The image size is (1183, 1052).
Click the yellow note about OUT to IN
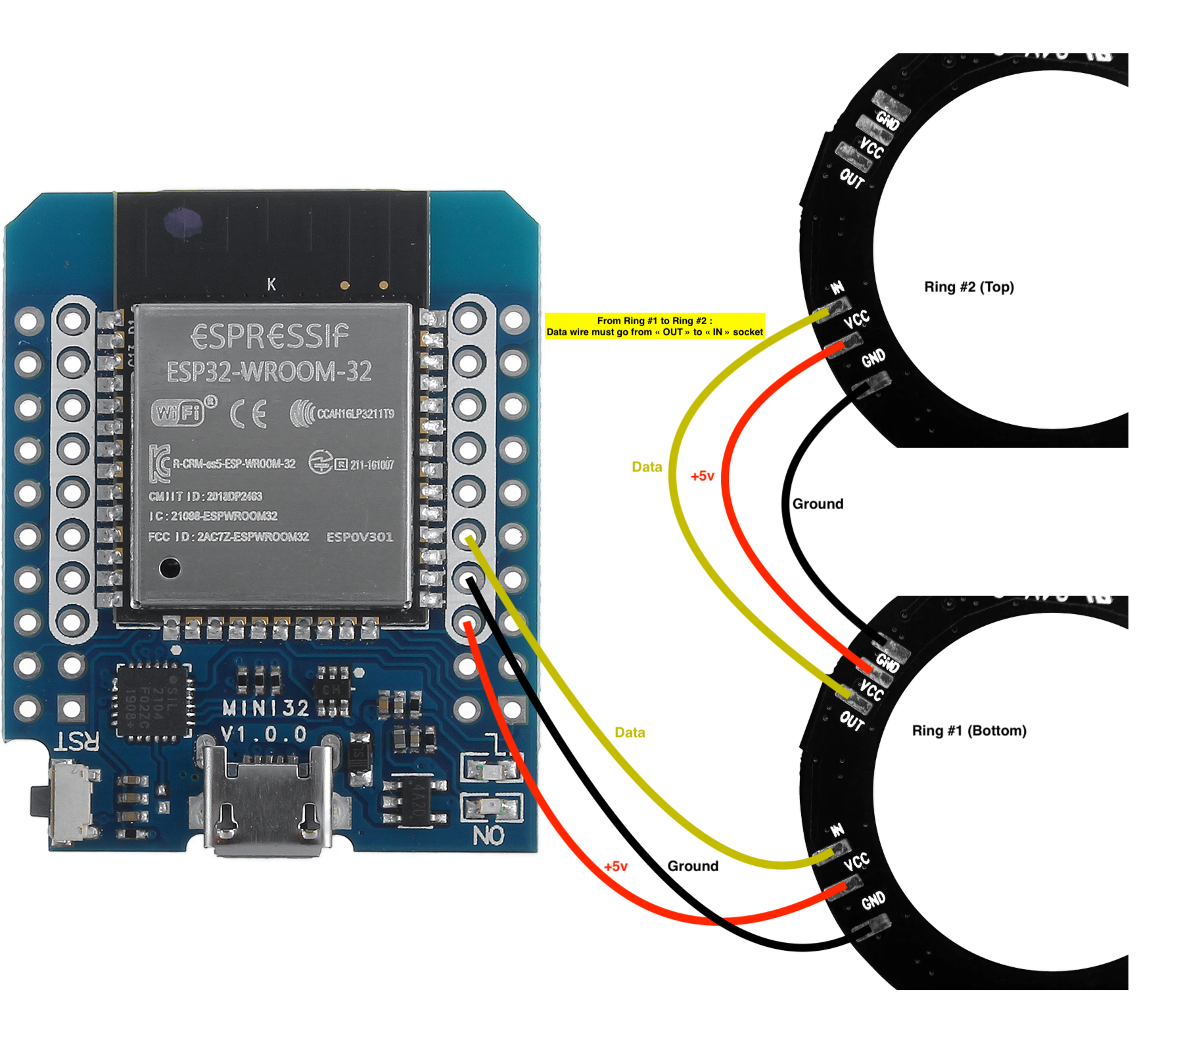[655, 326]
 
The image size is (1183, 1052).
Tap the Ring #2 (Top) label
[969, 287]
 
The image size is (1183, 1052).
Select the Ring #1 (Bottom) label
[969, 730]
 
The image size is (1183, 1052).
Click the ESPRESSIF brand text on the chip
[269, 337]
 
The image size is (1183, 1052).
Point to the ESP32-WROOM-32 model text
[269, 372]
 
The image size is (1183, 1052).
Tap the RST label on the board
[77, 742]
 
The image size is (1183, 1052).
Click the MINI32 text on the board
[266, 708]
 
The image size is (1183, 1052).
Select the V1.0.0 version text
[264, 734]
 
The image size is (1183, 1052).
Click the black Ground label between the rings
[818, 504]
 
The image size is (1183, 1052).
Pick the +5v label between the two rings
[702, 476]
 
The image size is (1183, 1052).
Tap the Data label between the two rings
[647, 467]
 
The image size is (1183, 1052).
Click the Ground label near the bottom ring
[693, 866]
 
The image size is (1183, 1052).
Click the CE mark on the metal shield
[249, 414]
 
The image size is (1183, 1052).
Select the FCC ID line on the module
[228, 537]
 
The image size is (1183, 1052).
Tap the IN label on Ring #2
[837, 288]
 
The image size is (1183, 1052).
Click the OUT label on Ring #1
[852, 721]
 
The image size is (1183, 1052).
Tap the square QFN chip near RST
[153, 701]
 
